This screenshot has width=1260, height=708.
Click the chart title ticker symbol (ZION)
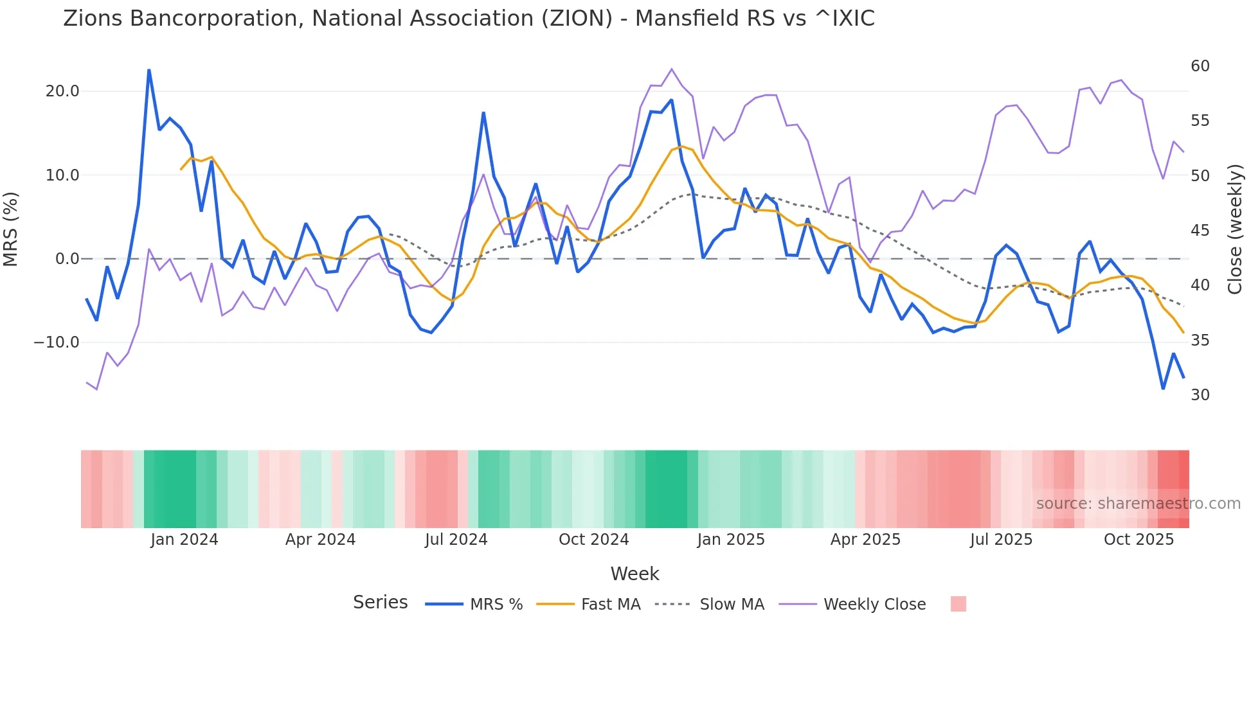[577, 19]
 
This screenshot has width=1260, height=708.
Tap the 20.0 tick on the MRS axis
[62, 91]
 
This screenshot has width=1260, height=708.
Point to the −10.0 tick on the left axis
[57, 342]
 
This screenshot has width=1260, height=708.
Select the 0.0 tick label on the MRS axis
[67, 259]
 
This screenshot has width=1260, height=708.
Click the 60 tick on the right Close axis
[1200, 66]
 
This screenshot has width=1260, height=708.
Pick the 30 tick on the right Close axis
[1200, 395]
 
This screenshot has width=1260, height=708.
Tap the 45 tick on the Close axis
[1200, 231]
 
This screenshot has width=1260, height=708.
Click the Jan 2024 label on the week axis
[184, 540]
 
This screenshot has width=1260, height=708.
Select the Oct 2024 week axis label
[593, 540]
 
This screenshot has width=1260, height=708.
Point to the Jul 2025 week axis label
[1001, 540]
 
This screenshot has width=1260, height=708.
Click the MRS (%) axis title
[11, 229]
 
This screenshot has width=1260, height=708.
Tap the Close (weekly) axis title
[1235, 229]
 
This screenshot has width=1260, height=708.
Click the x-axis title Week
[634, 574]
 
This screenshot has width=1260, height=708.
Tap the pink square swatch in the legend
[958, 604]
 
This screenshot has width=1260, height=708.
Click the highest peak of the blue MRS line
[149, 70]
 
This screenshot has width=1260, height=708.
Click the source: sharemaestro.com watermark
[1138, 504]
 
